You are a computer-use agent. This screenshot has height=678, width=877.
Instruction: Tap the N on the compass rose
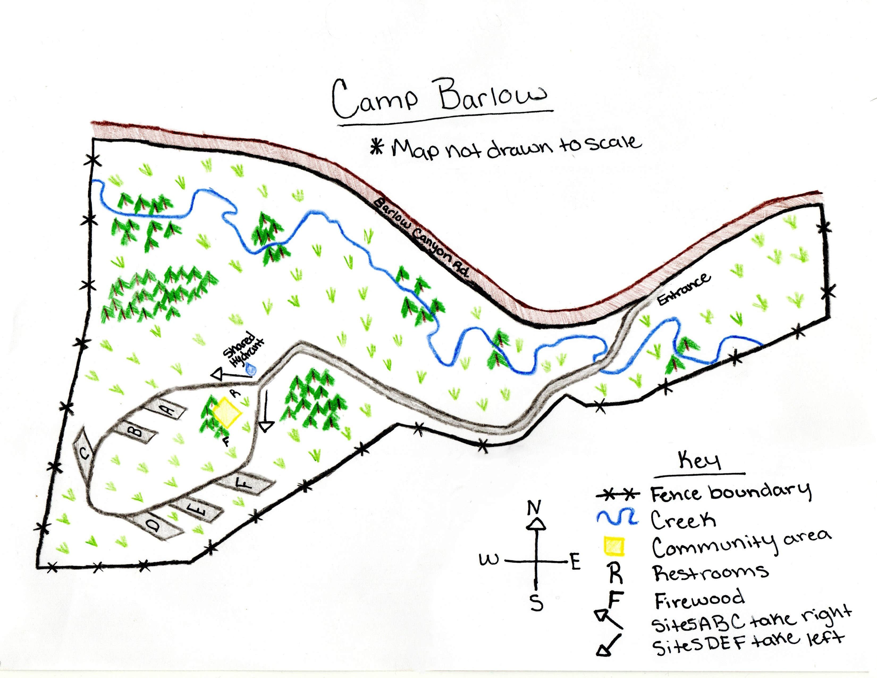pos(534,508)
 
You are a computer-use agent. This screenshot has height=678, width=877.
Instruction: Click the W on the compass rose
pos(489,559)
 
